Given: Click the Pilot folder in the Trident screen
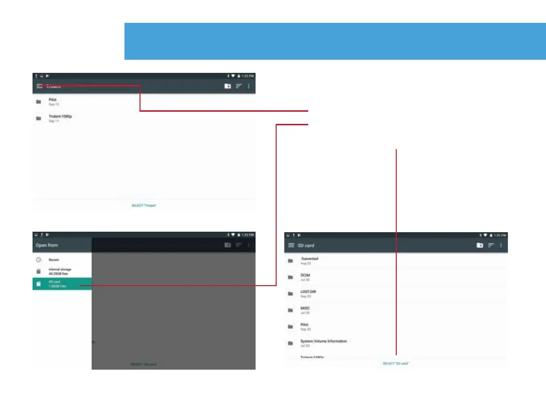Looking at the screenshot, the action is [53, 101].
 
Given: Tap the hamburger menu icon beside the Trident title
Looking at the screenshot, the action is [39, 86].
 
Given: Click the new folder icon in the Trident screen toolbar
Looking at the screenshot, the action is [228, 86].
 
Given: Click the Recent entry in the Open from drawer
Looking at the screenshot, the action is [53, 260].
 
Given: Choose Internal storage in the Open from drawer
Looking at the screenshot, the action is [59, 271].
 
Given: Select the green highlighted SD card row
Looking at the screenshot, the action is [62, 284].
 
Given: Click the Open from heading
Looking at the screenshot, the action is [47, 245].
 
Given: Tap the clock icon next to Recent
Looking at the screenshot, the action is [38, 260].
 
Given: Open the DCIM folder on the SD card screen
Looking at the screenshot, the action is [305, 276].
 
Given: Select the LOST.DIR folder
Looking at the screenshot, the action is [308, 293].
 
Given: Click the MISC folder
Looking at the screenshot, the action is [305, 309].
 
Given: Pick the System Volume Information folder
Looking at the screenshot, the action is [323, 342].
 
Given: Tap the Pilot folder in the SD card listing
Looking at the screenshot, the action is [304, 326].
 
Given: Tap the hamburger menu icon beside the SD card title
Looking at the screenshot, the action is [291, 246].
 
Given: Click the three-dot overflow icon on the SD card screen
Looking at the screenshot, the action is [501, 246].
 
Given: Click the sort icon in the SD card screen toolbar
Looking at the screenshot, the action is [491, 246].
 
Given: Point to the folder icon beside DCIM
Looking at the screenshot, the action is [290, 277].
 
